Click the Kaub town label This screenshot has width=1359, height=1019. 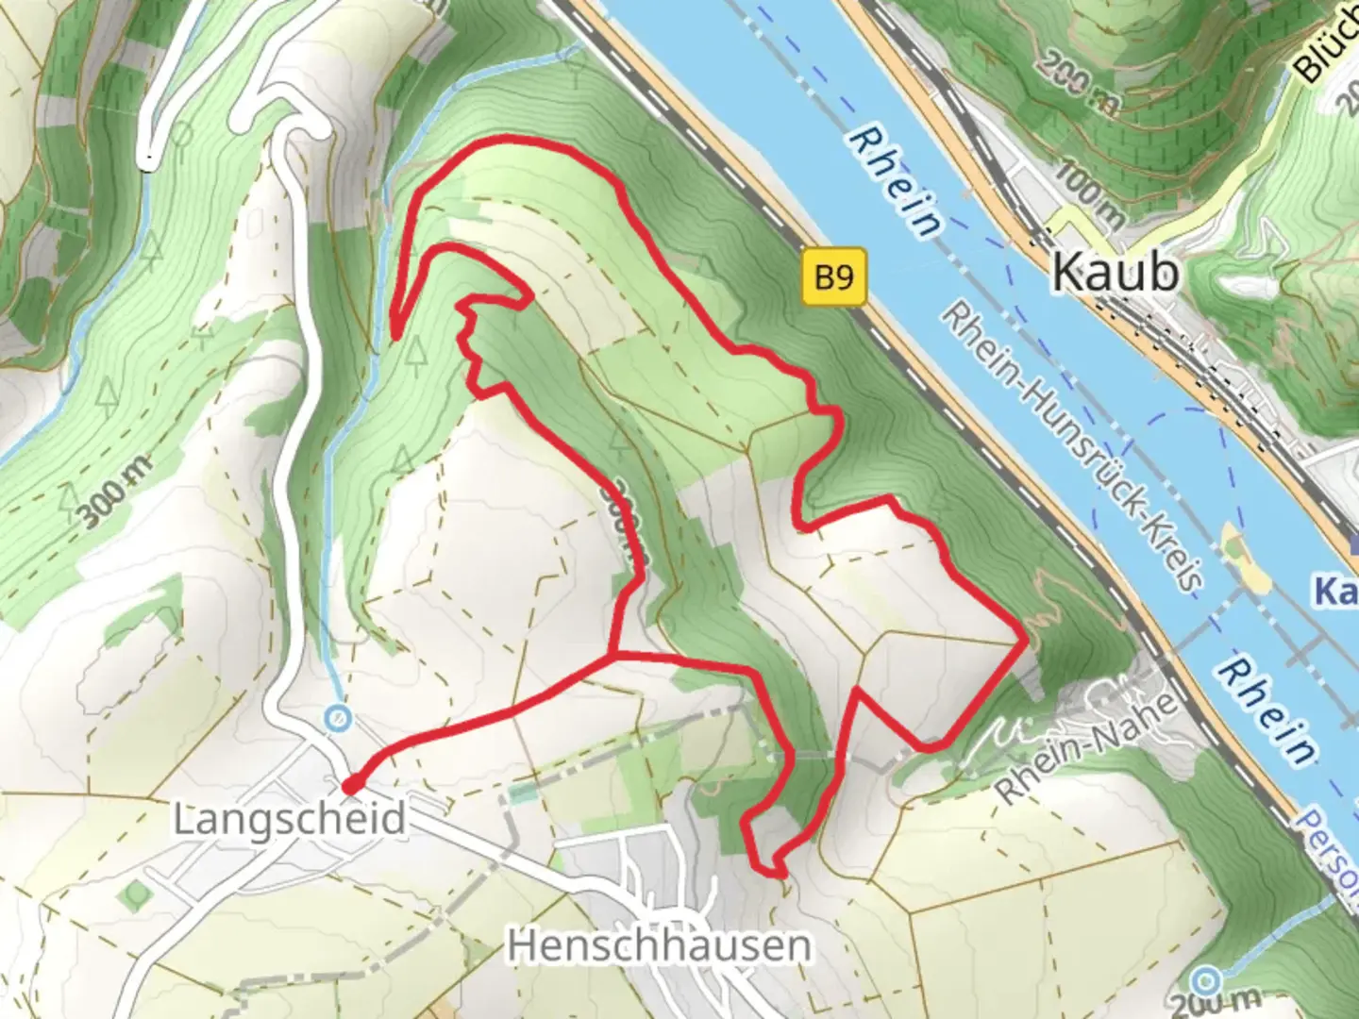(1115, 272)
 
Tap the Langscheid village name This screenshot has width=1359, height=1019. (290, 819)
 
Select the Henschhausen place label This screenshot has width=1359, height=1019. (659, 944)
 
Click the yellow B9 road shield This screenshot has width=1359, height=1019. (834, 277)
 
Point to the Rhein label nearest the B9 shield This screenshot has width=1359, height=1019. (895, 182)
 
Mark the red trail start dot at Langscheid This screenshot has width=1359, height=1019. (349, 785)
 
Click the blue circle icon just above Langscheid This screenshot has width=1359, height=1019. (335, 719)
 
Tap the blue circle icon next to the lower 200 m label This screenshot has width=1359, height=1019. (1207, 977)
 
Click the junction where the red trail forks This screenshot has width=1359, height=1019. (615, 654)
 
